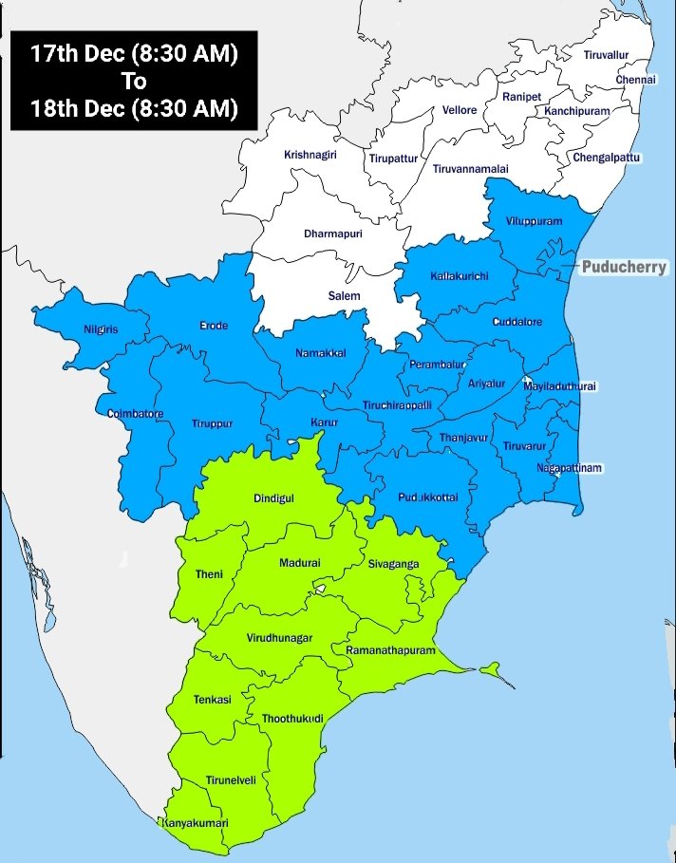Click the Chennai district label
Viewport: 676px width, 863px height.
point(636,80)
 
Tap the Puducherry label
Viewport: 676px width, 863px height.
point(624,268)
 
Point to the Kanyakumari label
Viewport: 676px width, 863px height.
point(197,822)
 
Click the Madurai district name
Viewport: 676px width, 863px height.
point(300,563)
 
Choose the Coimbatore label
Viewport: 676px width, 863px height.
point(136,414)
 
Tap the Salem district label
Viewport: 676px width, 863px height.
point(345,296)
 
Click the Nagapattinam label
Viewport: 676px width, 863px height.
point(570,468)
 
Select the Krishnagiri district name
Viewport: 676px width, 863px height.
point(310,154)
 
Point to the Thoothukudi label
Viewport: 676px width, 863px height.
point(292,719)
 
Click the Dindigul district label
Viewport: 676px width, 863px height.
point(274,498)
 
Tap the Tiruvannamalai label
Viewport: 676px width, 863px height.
point(471,168)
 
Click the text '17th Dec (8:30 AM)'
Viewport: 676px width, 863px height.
point(133,54)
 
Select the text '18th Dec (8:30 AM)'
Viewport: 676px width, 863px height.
point(133,107)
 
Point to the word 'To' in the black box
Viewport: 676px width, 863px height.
point(133,81)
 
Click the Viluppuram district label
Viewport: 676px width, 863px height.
point(535,221)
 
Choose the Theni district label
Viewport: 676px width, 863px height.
point(209,574)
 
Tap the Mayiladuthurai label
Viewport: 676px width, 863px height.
point(562,386)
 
